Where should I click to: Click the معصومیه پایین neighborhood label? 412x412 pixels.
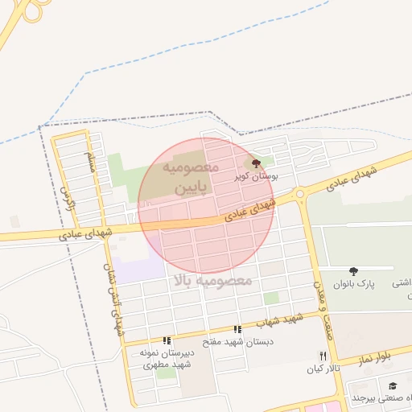191,178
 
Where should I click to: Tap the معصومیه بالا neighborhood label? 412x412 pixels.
212,281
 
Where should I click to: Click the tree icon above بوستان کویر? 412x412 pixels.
256,163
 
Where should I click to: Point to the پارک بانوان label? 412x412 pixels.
354,284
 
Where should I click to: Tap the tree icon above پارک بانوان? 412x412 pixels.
354,272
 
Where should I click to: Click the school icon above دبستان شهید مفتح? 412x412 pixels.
237,329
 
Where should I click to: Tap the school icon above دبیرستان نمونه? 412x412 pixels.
167,341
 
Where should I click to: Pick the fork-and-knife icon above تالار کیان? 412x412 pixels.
323,356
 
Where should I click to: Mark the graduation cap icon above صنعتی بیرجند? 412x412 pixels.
393,387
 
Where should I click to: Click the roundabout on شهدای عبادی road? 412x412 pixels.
300,194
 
